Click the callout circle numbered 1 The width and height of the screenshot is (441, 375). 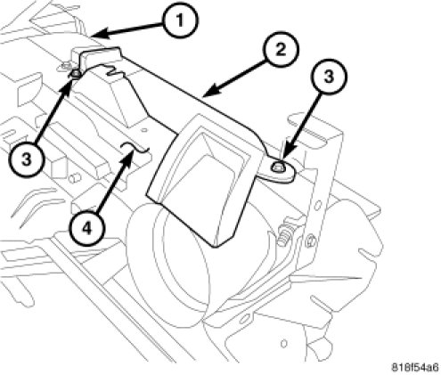181,20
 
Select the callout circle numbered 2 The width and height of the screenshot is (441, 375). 281,49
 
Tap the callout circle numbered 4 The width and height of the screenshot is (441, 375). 86,228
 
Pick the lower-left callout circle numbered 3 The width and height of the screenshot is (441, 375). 27,159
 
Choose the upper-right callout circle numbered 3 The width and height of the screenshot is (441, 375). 329,77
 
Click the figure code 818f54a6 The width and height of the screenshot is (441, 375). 415,367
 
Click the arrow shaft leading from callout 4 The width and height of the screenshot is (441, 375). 114,182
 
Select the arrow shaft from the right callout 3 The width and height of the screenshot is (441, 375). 303,124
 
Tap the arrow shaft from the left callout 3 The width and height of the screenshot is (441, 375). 54,110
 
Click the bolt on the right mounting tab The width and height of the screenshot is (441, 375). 277,167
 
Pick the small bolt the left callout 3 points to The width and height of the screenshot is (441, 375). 76,74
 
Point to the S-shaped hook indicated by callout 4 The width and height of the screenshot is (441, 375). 135,147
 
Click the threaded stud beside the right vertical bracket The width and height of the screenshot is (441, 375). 282,236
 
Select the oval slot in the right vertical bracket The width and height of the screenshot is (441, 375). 318,205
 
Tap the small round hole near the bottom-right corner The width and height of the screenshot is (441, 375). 284,344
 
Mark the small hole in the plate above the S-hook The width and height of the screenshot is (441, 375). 144,130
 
